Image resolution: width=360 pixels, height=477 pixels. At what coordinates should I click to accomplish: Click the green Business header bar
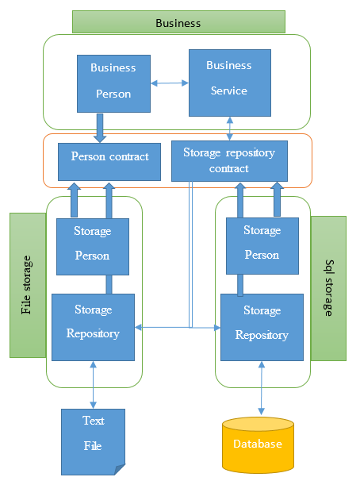click(178, 21)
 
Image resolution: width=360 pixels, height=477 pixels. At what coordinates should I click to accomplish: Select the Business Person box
click(113, 83)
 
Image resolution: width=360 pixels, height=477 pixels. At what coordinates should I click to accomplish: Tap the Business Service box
click(230, 83)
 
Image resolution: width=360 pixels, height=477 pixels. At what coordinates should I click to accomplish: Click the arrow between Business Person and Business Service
click(170, 83)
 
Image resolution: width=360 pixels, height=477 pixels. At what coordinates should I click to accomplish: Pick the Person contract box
click(109, 162)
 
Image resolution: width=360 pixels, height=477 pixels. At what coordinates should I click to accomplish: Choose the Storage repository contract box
click(230, 161)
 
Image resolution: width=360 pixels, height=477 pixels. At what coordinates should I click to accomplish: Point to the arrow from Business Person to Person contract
click(100, 128)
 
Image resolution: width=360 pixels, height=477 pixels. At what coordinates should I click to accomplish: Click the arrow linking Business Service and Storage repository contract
click(230, 129)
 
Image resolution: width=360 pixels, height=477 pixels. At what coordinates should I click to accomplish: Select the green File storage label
click(28, 285)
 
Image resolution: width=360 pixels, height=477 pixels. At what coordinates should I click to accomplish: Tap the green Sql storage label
click(328, 288)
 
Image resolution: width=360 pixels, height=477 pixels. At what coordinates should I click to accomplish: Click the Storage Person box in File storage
click(93, 247)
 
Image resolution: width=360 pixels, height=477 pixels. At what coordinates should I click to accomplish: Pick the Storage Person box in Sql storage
click(262, 246)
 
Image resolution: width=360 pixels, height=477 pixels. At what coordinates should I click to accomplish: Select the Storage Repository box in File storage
click(93, 327)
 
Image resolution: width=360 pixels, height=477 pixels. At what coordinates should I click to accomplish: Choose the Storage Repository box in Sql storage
click(262, 327)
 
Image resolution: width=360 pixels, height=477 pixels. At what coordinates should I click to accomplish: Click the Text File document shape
click(93, 442)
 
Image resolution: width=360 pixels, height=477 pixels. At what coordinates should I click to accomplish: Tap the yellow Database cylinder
click(259, 445)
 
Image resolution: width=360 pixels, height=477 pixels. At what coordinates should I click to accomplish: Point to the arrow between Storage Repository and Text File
click(94, 385)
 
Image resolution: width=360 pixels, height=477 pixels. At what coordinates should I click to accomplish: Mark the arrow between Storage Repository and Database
click(262, 388)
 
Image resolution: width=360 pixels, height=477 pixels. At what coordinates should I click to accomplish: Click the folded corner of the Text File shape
click(120, 470)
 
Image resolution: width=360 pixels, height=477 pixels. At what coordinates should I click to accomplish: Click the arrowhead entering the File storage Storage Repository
click(138, 327)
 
